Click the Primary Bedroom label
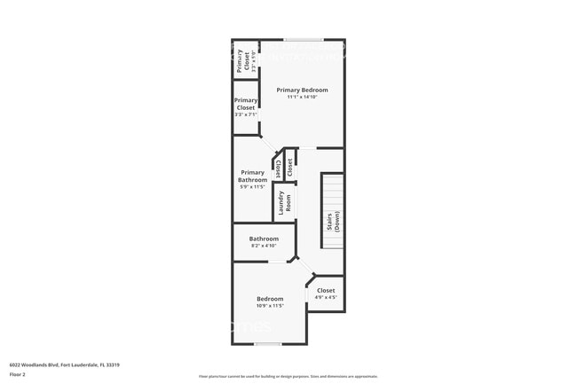302,90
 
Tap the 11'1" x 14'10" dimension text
302,98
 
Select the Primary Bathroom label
253,176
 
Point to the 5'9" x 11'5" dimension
253,187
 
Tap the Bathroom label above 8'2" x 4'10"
264,239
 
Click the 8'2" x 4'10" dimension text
264,247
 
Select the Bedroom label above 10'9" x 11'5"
271,299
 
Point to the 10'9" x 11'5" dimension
271,307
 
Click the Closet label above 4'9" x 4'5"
326,290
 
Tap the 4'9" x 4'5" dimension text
326,298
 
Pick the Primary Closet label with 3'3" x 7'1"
246,104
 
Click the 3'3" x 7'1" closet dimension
246,114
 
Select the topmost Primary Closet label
240,60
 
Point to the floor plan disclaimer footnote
288,377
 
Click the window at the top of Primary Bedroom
303,39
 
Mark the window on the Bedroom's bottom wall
267,344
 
